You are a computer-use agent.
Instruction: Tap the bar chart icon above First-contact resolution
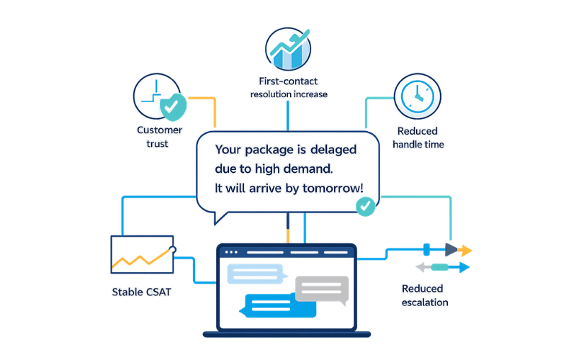click(289, 48)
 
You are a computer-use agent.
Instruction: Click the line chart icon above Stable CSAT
click(142, 254)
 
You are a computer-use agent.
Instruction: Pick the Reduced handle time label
click(418, 138)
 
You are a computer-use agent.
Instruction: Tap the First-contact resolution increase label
click(289, 88)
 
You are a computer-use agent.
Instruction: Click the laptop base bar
click(287, 333)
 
